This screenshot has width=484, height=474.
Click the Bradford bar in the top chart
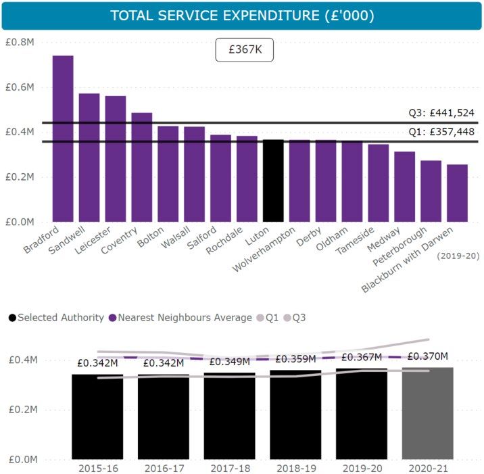tap(63, 139)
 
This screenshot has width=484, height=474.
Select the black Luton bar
tap(273, 181)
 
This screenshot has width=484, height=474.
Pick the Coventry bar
tap(141, 167)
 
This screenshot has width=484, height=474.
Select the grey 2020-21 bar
tap(429, 413)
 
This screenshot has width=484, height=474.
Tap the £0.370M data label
tap(429, 356)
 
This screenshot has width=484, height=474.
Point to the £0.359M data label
tap(295, 359)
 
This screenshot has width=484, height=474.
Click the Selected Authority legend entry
tap(55, 317)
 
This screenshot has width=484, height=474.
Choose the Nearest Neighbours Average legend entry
tap(180, 317)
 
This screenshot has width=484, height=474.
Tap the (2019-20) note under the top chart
tap(457, 256)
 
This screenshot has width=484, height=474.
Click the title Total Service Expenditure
tap(241, 15)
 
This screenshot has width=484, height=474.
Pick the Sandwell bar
tap(89, 158)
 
